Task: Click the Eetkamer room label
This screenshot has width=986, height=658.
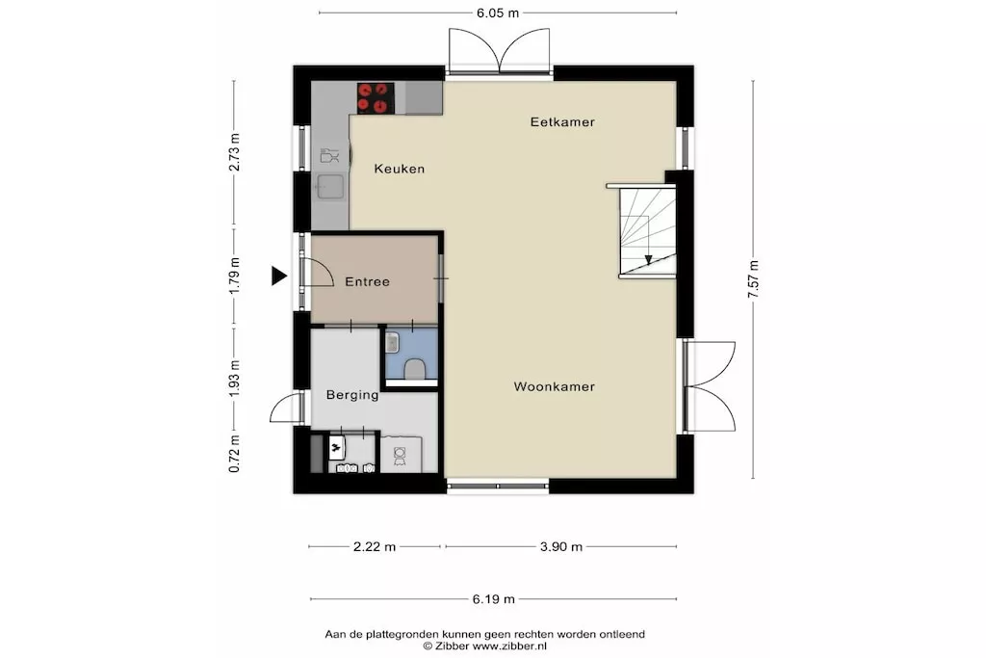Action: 562,122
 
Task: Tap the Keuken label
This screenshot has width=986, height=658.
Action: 400,169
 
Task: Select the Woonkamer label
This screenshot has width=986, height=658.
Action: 554,387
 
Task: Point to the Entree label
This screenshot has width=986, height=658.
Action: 367,282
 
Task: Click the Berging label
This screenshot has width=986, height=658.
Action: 352,395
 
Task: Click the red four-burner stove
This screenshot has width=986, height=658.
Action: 376,98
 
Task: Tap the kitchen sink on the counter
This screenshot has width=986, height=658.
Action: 330,187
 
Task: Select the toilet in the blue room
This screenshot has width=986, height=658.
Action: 414,369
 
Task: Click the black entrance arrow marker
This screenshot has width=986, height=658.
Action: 279,276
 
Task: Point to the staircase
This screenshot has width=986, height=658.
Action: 648,231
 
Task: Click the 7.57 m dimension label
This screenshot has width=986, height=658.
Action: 753,279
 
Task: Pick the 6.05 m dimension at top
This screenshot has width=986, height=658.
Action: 498,13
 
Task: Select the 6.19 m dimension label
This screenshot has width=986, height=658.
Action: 494,599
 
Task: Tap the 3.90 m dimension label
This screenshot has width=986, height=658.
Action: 561,546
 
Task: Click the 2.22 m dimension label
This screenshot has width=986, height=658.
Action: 375,546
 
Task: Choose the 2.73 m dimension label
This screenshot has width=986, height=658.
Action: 234,152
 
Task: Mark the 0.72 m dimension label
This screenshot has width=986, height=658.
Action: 234,454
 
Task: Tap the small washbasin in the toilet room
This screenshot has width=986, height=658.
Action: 392,343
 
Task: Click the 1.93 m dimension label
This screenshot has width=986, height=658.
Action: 234,378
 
